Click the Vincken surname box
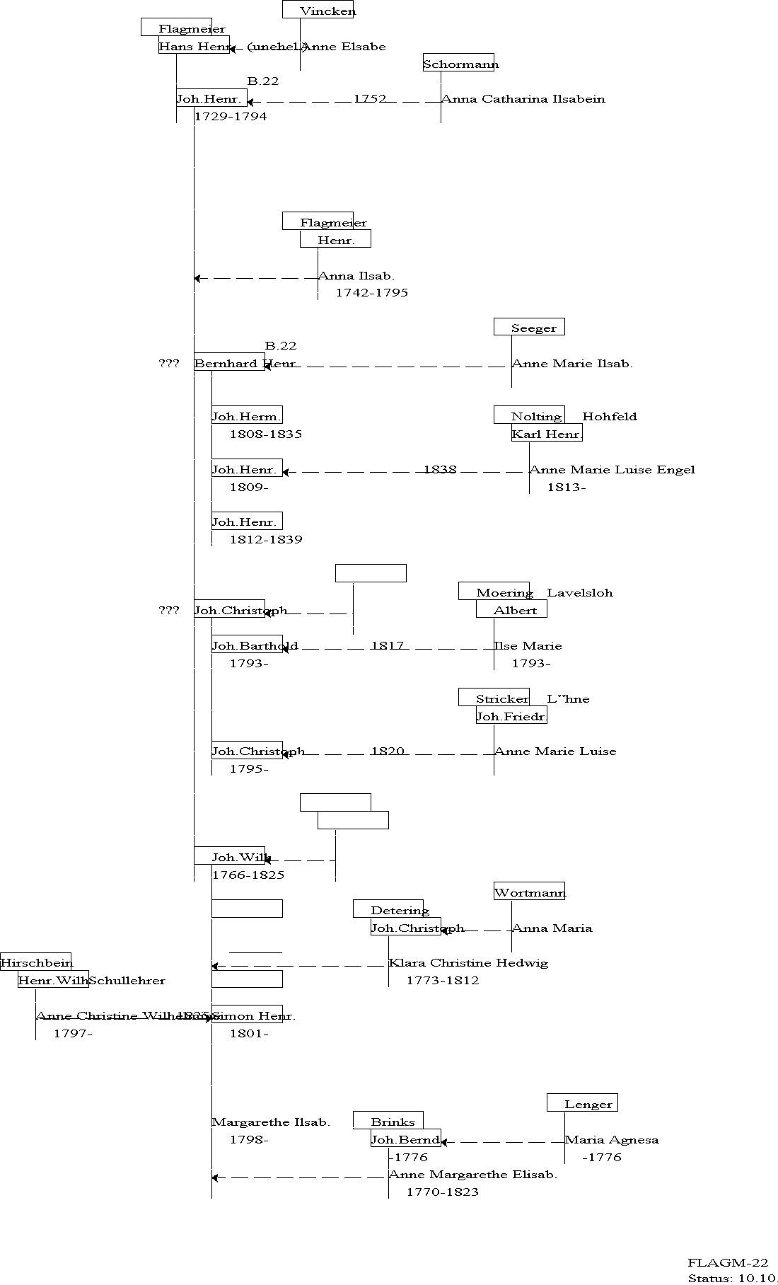point(318,9)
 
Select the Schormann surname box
point(459,63)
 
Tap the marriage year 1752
point(370,98)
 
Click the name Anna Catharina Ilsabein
point(523,99)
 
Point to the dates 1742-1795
point(372,292)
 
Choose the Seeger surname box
point(529,327)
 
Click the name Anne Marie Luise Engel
point(612,469)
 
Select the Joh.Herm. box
point(247,415)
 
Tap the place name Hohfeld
point(610,416)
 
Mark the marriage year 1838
point(440,469)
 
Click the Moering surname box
point(494,592)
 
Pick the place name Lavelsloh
point(580,592)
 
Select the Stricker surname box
point(494,698)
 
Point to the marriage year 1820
point(388,751)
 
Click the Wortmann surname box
point(530,892)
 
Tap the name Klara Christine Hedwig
point(468,962)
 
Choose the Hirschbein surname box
point(36,962)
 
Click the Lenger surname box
point(582,1103)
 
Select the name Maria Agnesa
point(612,1139)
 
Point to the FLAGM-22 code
point(728,1262)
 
